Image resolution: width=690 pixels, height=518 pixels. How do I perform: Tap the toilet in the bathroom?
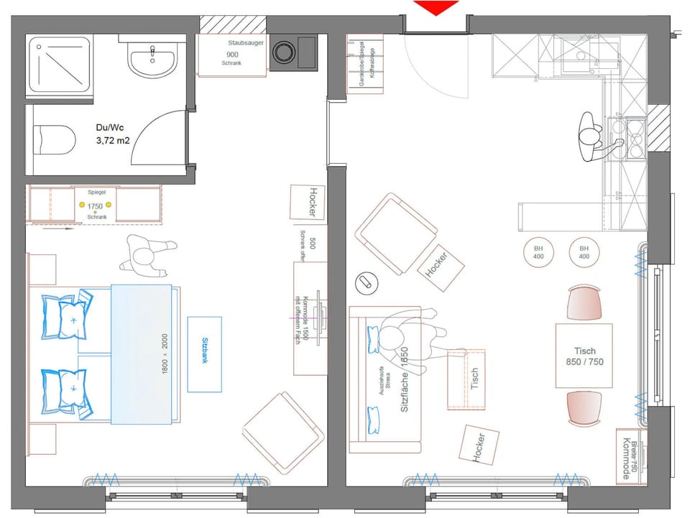point(55,139)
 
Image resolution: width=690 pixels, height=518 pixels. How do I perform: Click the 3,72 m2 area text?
point(113,142)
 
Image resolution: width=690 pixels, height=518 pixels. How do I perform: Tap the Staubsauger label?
point(246,44)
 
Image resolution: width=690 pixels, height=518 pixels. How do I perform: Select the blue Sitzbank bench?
point(205,354)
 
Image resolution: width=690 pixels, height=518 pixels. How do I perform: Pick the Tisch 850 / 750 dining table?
point(584,356)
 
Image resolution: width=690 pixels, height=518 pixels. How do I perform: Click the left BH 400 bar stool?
point(538,252)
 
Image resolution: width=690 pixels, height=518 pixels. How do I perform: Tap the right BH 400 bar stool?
point(584,252)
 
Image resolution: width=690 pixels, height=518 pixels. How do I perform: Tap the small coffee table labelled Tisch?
point(466,378)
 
